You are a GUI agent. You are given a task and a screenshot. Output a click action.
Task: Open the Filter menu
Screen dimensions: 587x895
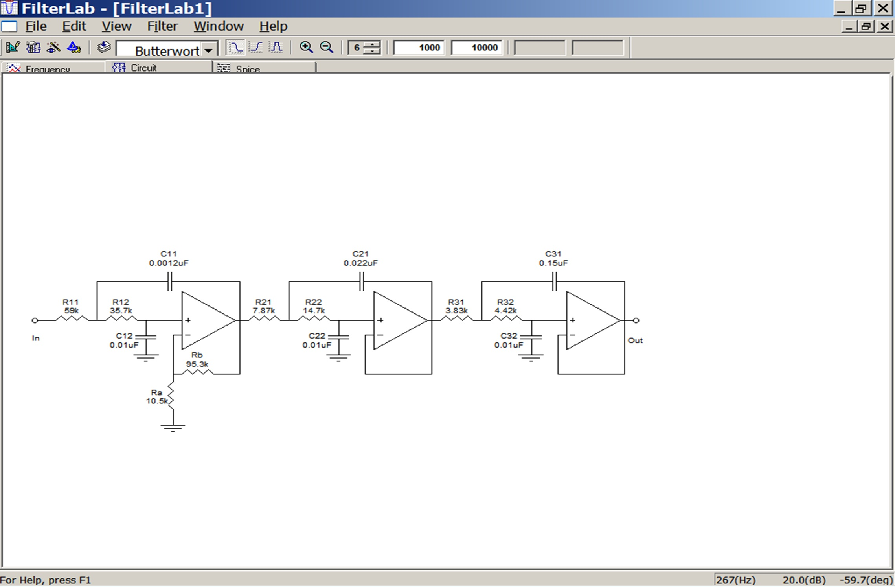click(x=162, y=26)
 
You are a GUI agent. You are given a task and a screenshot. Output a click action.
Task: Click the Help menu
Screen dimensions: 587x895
click(x=273, y=26)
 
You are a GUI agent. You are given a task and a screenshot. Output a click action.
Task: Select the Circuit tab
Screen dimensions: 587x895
click(x=143, y=68)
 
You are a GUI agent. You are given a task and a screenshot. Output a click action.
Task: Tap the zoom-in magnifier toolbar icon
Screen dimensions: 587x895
click(x=306, y=48)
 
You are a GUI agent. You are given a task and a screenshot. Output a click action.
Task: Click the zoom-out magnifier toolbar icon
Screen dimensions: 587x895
click(x=326, y=48)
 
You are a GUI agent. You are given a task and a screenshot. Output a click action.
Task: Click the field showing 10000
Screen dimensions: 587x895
click(x=476, y=48)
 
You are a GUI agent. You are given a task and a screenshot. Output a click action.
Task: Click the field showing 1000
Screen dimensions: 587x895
click(x=419, y=48)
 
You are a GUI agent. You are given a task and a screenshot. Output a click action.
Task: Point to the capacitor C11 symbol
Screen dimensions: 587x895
click(x=169, y=282)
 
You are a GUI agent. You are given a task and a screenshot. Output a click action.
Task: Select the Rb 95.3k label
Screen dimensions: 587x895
click(x=197, y=360)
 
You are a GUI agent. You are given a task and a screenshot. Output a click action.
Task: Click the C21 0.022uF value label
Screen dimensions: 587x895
click(x=360, y=263)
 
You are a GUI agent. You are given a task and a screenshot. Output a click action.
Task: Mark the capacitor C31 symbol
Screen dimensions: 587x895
click(x=554, y=282)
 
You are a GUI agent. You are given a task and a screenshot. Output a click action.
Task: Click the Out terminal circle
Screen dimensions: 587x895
click(x=636, y=320)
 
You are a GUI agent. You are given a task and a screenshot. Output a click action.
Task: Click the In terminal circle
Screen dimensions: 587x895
click(x=35, y=320)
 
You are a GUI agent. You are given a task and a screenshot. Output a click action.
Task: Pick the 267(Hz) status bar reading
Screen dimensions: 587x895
click(x=735, y=580)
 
